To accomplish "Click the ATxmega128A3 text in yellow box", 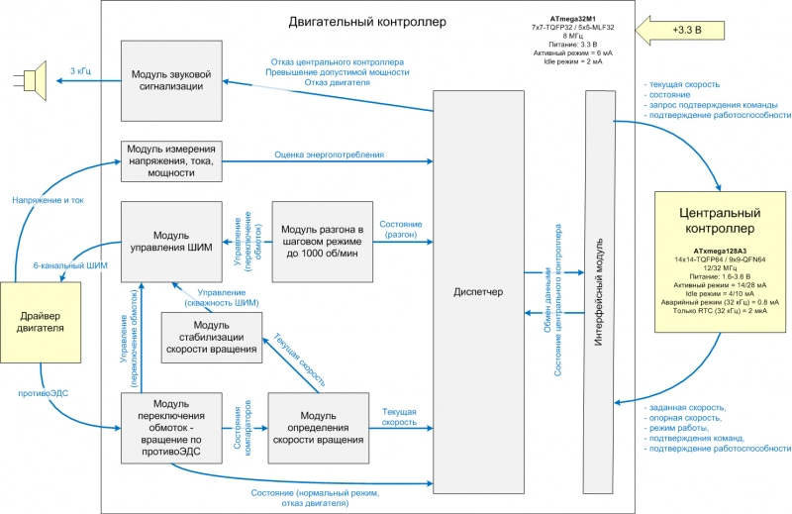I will pos(720,252).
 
